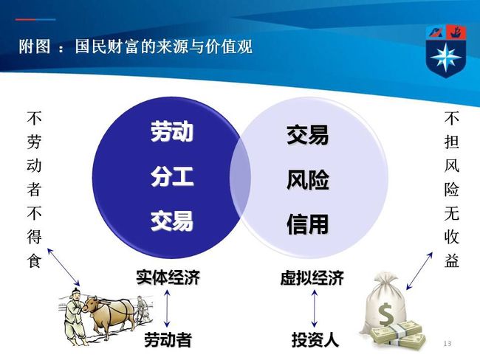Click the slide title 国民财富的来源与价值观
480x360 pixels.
pyautogui.click(x=164, y=46)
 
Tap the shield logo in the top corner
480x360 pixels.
pyautogui.click(x=446, y=51)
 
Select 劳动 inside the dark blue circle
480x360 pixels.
pyautogui.click(x=172, y=131)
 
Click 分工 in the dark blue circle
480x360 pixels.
pyautogui.click(x=172, y=176)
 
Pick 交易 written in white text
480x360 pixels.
pyautogui.click(x=172, y=221)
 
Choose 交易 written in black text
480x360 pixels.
pyautogui.click(x=308, y=135)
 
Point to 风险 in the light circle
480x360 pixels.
pyautogui.click(x=308, y=179)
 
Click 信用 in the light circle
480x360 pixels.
pyautogui.click(x=308, y=224)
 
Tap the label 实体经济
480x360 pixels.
pyautogui.click(x=168, y=277)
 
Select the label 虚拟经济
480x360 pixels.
pyautogui.click(x=312, y=277)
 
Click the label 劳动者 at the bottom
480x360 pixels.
pyautogui.click(x=168, y=339)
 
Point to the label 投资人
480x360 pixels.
pyautogui.click(x=315, y=339)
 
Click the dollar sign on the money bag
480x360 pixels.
pyautogui.click(x=385, y=314)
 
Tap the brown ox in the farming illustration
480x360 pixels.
pyautogui.click(x=109, y=315)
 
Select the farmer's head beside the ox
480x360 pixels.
pyautogui.click(x=75, y=293)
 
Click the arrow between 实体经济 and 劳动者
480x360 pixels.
pyautogui.click(x=167, y=308)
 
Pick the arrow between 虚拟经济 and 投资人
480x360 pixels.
pyautogui.click(x=315, y=308)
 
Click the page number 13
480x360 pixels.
pyautogui.click(x=448, y=344)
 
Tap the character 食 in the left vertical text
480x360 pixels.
pyautogui.click(x=34, y=260)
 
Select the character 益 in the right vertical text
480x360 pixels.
pyautogui.click(x=451, y=260)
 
